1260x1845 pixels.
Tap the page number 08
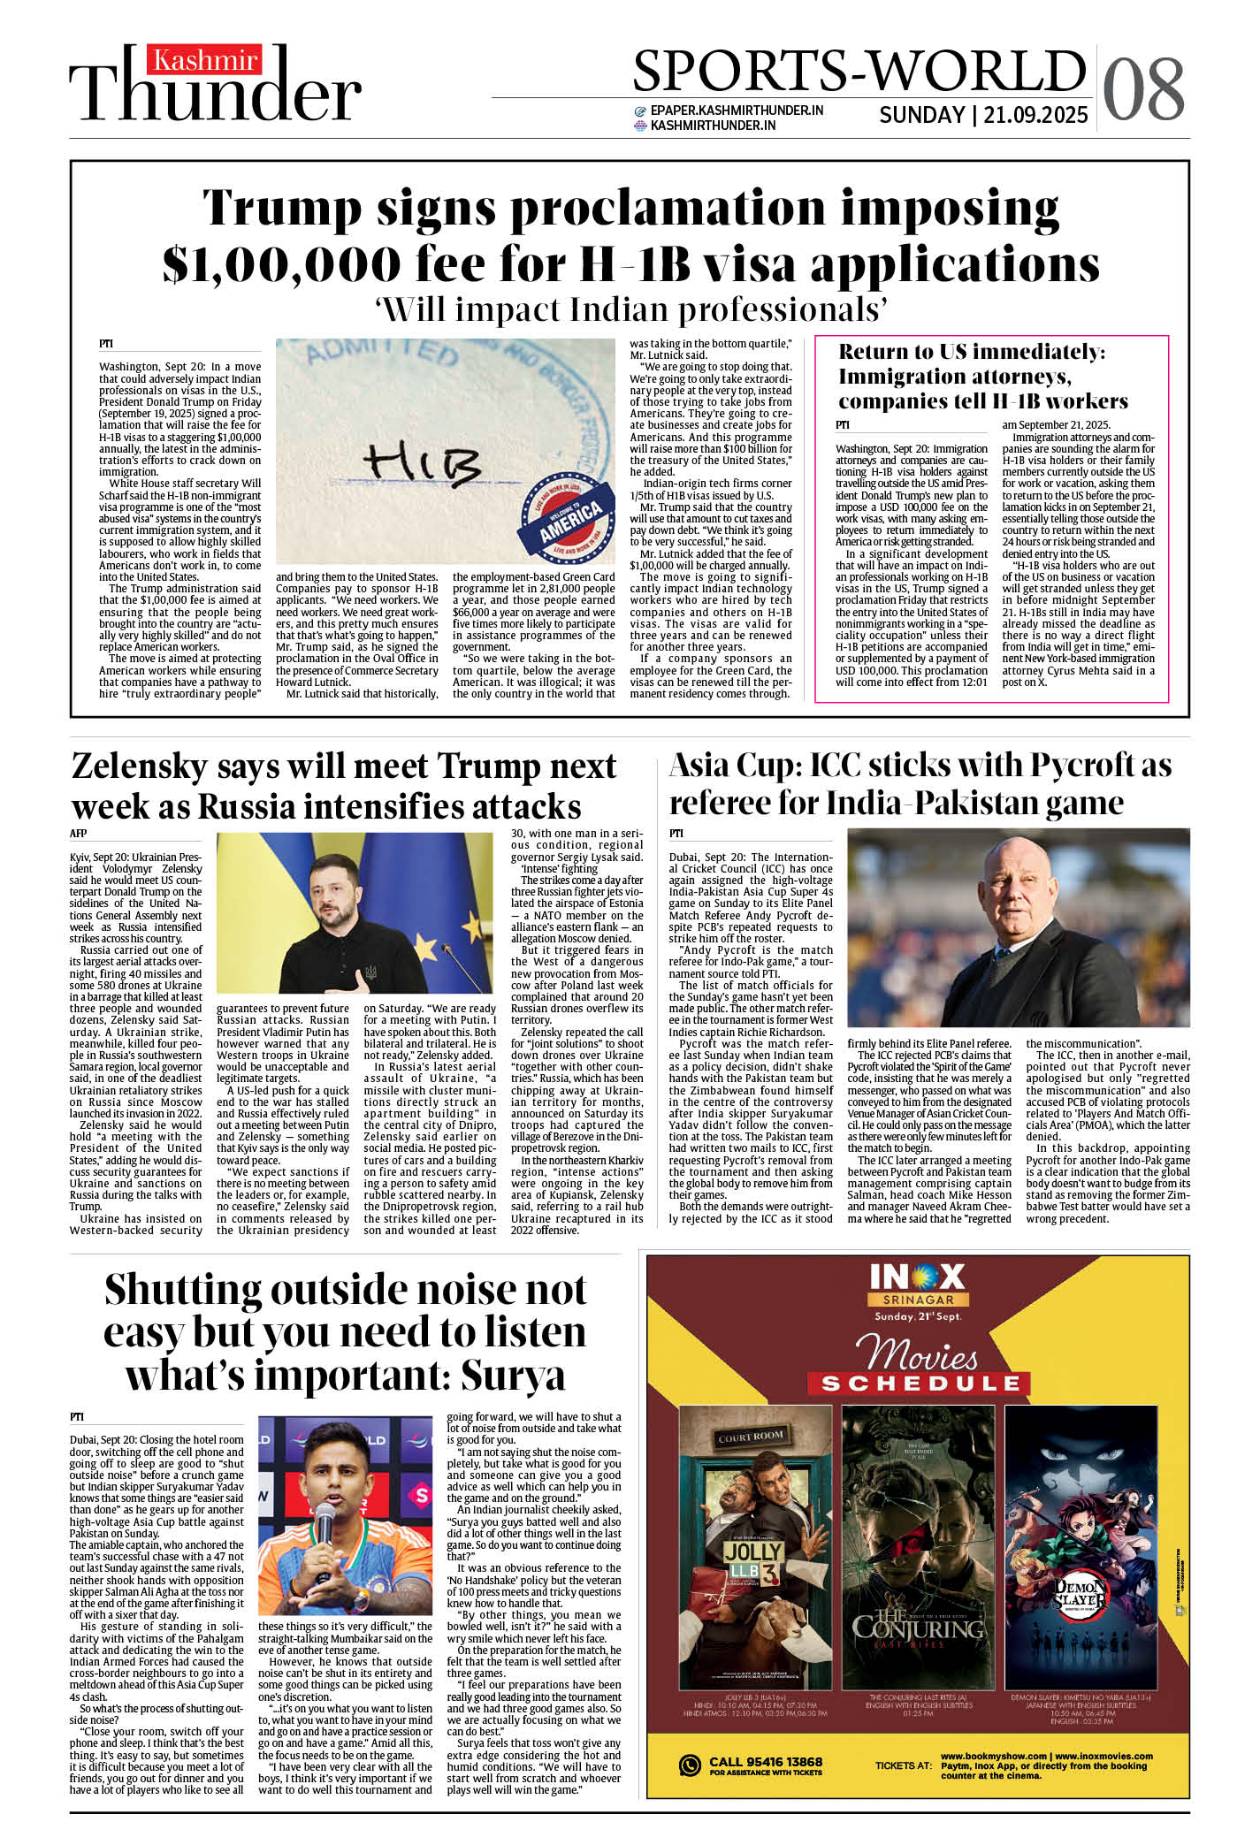(x=1143, y=89)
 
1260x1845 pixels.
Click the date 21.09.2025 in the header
(x=1035, y=116)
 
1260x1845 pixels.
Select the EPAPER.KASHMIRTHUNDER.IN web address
(x=737, y=111)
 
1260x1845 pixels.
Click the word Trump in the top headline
(x=282, y=210)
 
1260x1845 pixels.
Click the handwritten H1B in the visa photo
(x=424, y=461)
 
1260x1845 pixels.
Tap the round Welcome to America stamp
(x=565, y=516)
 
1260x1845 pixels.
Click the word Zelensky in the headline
(x=139, y=766)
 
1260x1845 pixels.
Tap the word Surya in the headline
(x=514, y=1375)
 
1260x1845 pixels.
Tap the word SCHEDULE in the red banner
(x=920, y=1384)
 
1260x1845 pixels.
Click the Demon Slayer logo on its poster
(x=1080, y=1596)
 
